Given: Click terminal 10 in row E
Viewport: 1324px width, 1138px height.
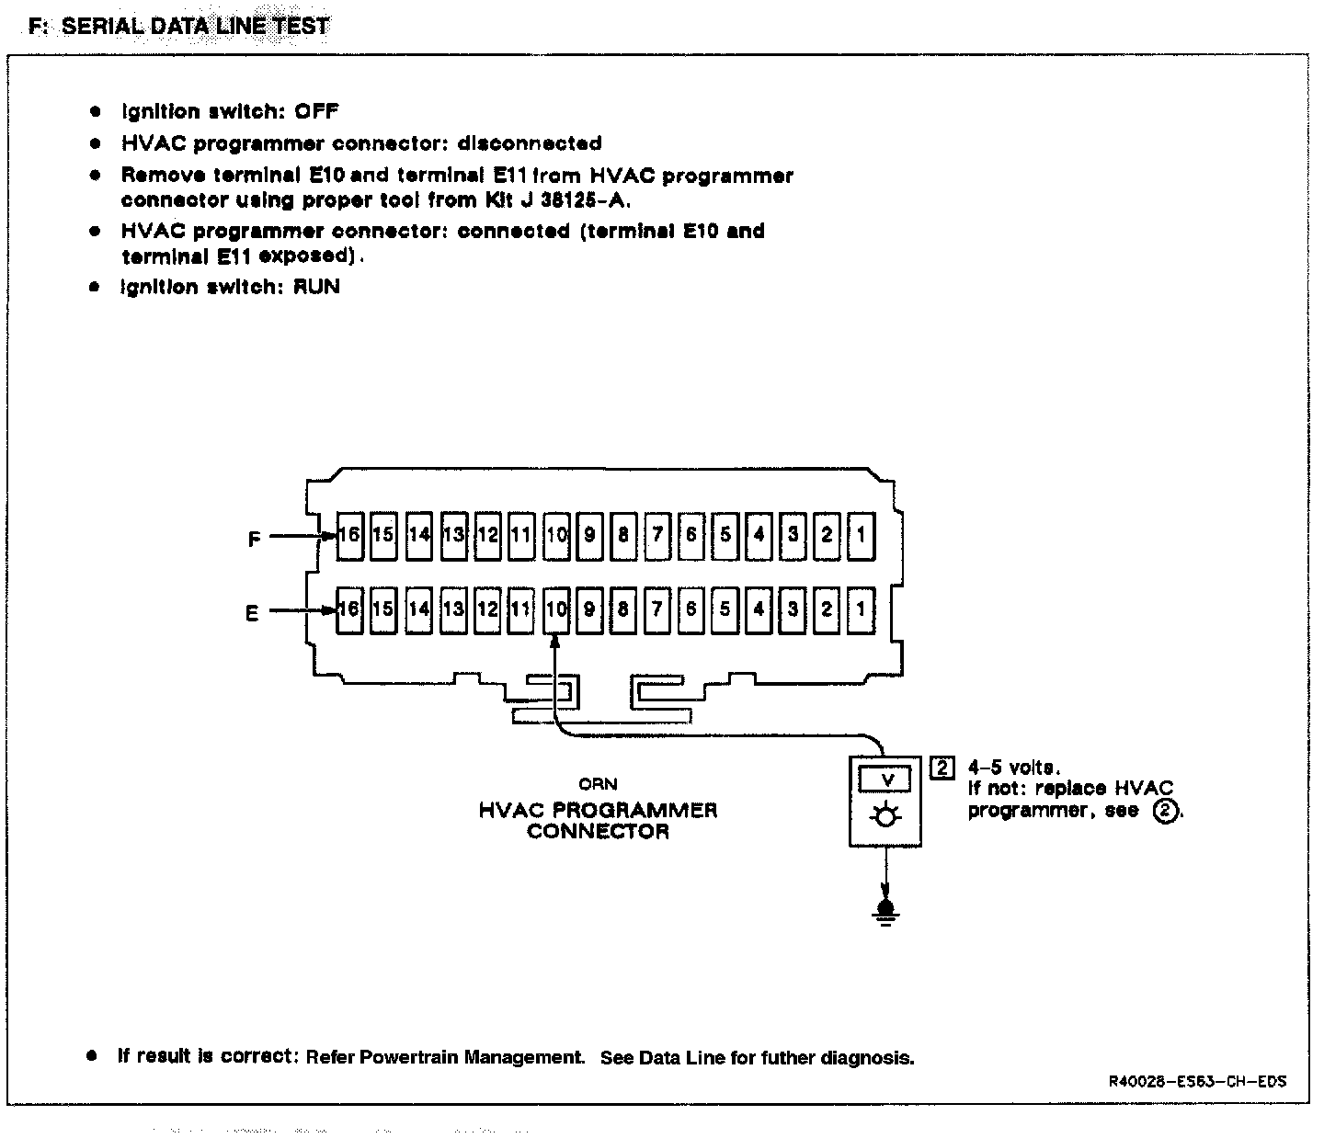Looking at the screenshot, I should point(555,609).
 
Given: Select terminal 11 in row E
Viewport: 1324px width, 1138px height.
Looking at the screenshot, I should point(521,609).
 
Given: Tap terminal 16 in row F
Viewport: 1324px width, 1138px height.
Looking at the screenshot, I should point(349,535).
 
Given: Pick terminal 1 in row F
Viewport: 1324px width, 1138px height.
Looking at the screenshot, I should point(861,535).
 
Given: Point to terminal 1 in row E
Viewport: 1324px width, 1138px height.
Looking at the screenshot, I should point(861,609).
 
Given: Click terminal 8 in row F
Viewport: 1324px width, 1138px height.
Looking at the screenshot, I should point(623,535).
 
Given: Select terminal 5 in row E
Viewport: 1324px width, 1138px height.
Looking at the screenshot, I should point(725,609).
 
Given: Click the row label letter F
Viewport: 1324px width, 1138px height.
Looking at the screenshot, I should point(255,540).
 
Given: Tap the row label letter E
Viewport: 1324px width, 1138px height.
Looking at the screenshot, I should point(253,613).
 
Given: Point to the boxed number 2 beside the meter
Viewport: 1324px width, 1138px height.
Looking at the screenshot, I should point(942,768).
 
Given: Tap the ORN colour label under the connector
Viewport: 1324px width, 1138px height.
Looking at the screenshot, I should point(597,784).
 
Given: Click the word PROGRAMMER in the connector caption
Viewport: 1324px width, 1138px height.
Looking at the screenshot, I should point(636,811).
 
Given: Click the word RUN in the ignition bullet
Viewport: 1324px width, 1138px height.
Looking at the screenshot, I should point(316,287).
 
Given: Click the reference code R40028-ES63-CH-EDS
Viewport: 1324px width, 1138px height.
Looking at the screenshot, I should point(1196,1082).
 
